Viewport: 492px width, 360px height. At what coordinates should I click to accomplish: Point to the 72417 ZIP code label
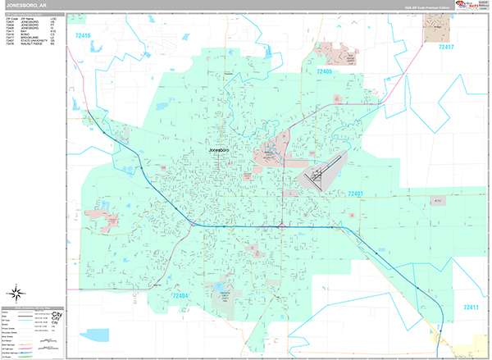point(445,47)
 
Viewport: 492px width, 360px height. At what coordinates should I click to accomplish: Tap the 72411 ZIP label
point(470,308)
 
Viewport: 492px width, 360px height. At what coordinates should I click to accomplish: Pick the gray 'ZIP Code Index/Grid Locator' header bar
point(34,15)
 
